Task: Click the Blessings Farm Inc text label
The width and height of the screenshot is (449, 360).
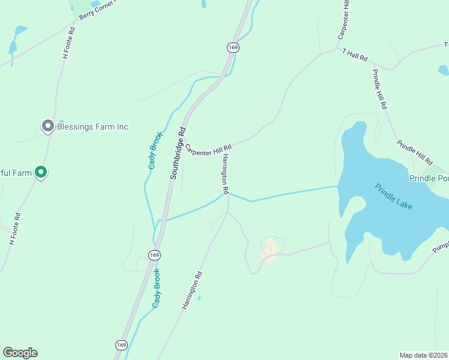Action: click(x=92, y=127)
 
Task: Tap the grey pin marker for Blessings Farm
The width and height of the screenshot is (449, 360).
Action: click(x=47, y=126)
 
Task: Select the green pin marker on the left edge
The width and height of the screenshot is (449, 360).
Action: click(x=41, y=173)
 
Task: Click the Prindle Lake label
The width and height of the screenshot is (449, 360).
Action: click(x=393, y=196)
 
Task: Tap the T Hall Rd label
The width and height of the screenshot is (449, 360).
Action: click(x=354, y=55)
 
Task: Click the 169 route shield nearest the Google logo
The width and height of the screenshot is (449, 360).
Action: click(x=121, y=344)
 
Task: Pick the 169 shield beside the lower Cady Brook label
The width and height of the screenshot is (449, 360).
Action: click(x=155, y=255)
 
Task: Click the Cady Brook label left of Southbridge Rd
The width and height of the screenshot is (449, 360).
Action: click(x=153, y=150)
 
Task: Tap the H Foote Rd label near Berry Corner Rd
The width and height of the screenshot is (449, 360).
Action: click(x=68, y=42)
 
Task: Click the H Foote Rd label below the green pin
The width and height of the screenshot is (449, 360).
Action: click(x=15, y=229)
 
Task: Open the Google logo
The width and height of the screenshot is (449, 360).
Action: click(x=20, y=353)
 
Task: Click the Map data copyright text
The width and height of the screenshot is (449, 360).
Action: click(x=424, y=355)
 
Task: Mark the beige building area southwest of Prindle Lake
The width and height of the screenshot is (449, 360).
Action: click(x=270, y=248)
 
